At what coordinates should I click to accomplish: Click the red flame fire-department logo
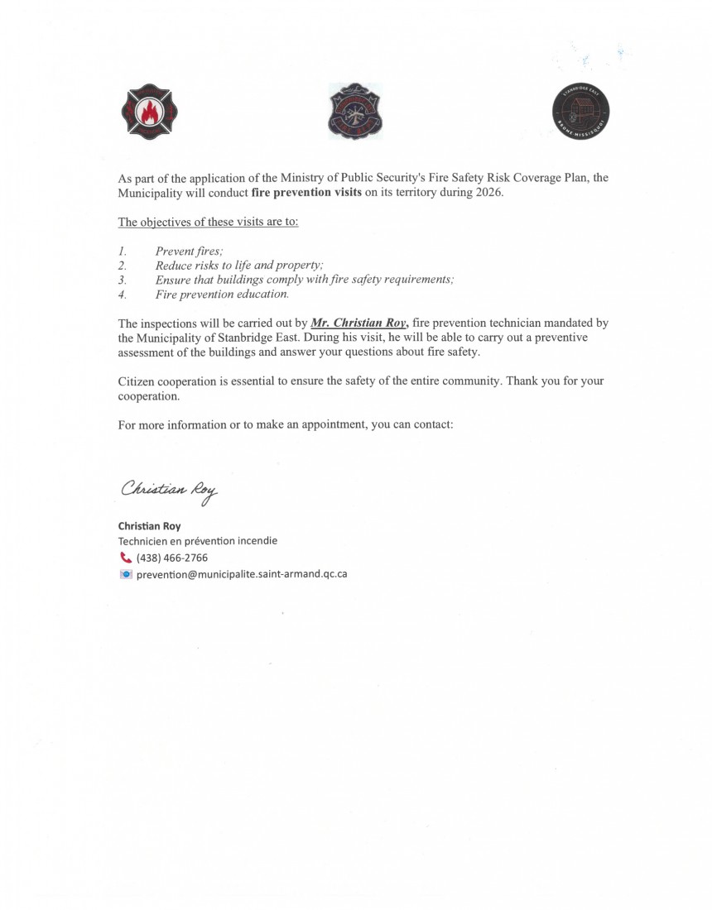click(x=150, y=111)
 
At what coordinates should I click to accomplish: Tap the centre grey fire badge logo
click(x=356, y=112)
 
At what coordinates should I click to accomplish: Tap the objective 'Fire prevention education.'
click(x=222, y=294)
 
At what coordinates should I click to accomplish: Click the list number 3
click(x=121, y=280)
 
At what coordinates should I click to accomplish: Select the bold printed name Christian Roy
click(x=149, y=526)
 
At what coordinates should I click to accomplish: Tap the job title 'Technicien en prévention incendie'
click(x=198, y=541)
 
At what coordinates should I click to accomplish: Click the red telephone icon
click(x=125, y=558)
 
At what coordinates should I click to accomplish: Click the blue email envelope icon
click(x=125, y=574)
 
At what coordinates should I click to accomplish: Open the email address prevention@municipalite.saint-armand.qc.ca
click(x=242, y=574)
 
